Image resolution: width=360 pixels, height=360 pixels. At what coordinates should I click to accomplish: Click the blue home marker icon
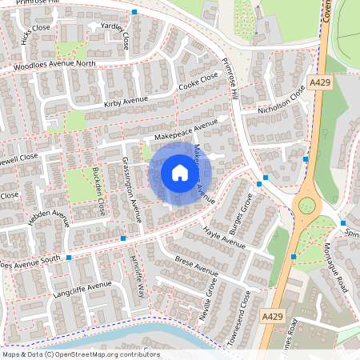179,173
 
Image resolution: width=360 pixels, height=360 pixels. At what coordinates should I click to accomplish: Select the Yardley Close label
116,37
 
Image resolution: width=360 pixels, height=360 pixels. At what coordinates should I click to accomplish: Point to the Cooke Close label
198,82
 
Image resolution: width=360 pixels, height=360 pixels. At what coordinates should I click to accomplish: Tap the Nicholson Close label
281,102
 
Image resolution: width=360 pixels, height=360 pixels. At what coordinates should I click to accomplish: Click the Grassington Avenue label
131,188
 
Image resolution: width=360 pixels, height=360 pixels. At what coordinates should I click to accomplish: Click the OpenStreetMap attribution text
80,354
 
